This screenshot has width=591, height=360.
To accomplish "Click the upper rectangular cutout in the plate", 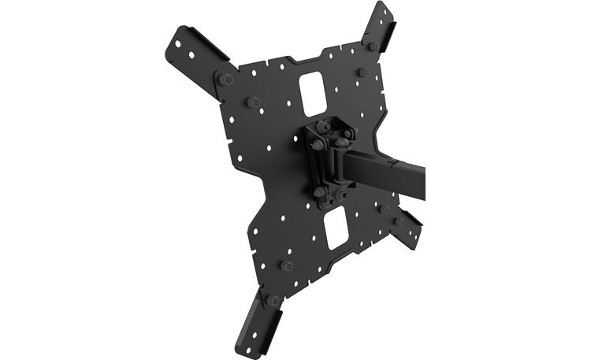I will pos(313,89).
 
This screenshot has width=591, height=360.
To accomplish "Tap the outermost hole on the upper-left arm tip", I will pos(179,39).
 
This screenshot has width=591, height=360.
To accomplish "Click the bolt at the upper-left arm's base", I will pos(225,79).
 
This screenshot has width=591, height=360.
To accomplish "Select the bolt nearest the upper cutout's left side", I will pos(254,102).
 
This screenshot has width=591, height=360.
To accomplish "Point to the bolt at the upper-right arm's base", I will pos(373,46).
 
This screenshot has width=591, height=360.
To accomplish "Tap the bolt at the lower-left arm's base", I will pos(273,299).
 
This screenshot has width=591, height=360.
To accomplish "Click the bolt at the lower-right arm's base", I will pos(400,221).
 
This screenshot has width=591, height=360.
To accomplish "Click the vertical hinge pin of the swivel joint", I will pos(340,161).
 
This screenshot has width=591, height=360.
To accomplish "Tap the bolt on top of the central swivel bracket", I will pos(323,126).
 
